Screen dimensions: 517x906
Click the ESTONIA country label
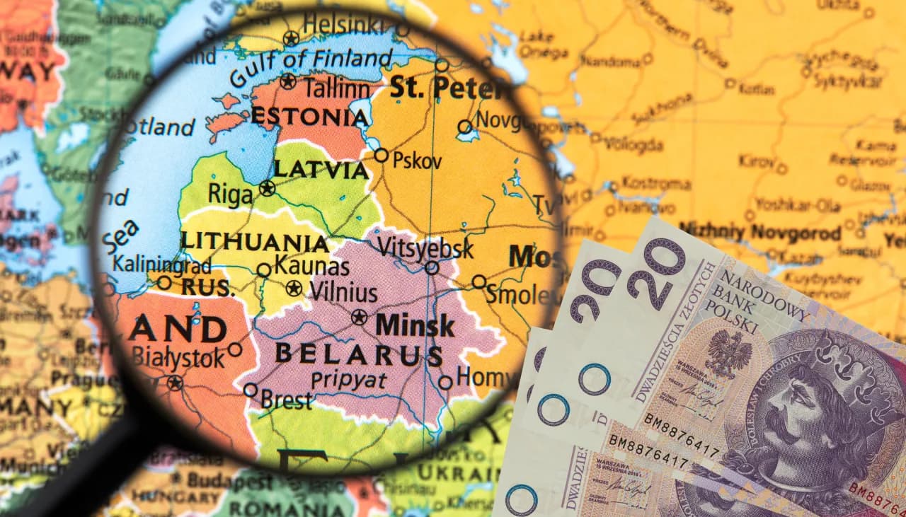[x=309, y=117]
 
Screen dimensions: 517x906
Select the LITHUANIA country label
[x=254, y=242]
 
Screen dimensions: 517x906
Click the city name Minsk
[x=415, y=325]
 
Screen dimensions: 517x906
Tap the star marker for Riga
[x=267, y=188]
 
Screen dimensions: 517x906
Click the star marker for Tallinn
[x=287, y=81]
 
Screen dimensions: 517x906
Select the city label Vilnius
[x=342, y=291]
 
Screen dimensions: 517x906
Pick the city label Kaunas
[x=311, y=267]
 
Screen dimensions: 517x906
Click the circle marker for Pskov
[x=382, y=155]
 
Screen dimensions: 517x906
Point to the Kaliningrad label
[x=162, y=265]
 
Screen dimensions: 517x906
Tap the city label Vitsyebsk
[x=425, y=248]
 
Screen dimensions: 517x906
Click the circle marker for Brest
[x=251, y=390]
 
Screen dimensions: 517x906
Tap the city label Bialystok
[x=178, y=358]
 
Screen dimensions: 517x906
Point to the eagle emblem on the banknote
[x=728, y=353]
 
